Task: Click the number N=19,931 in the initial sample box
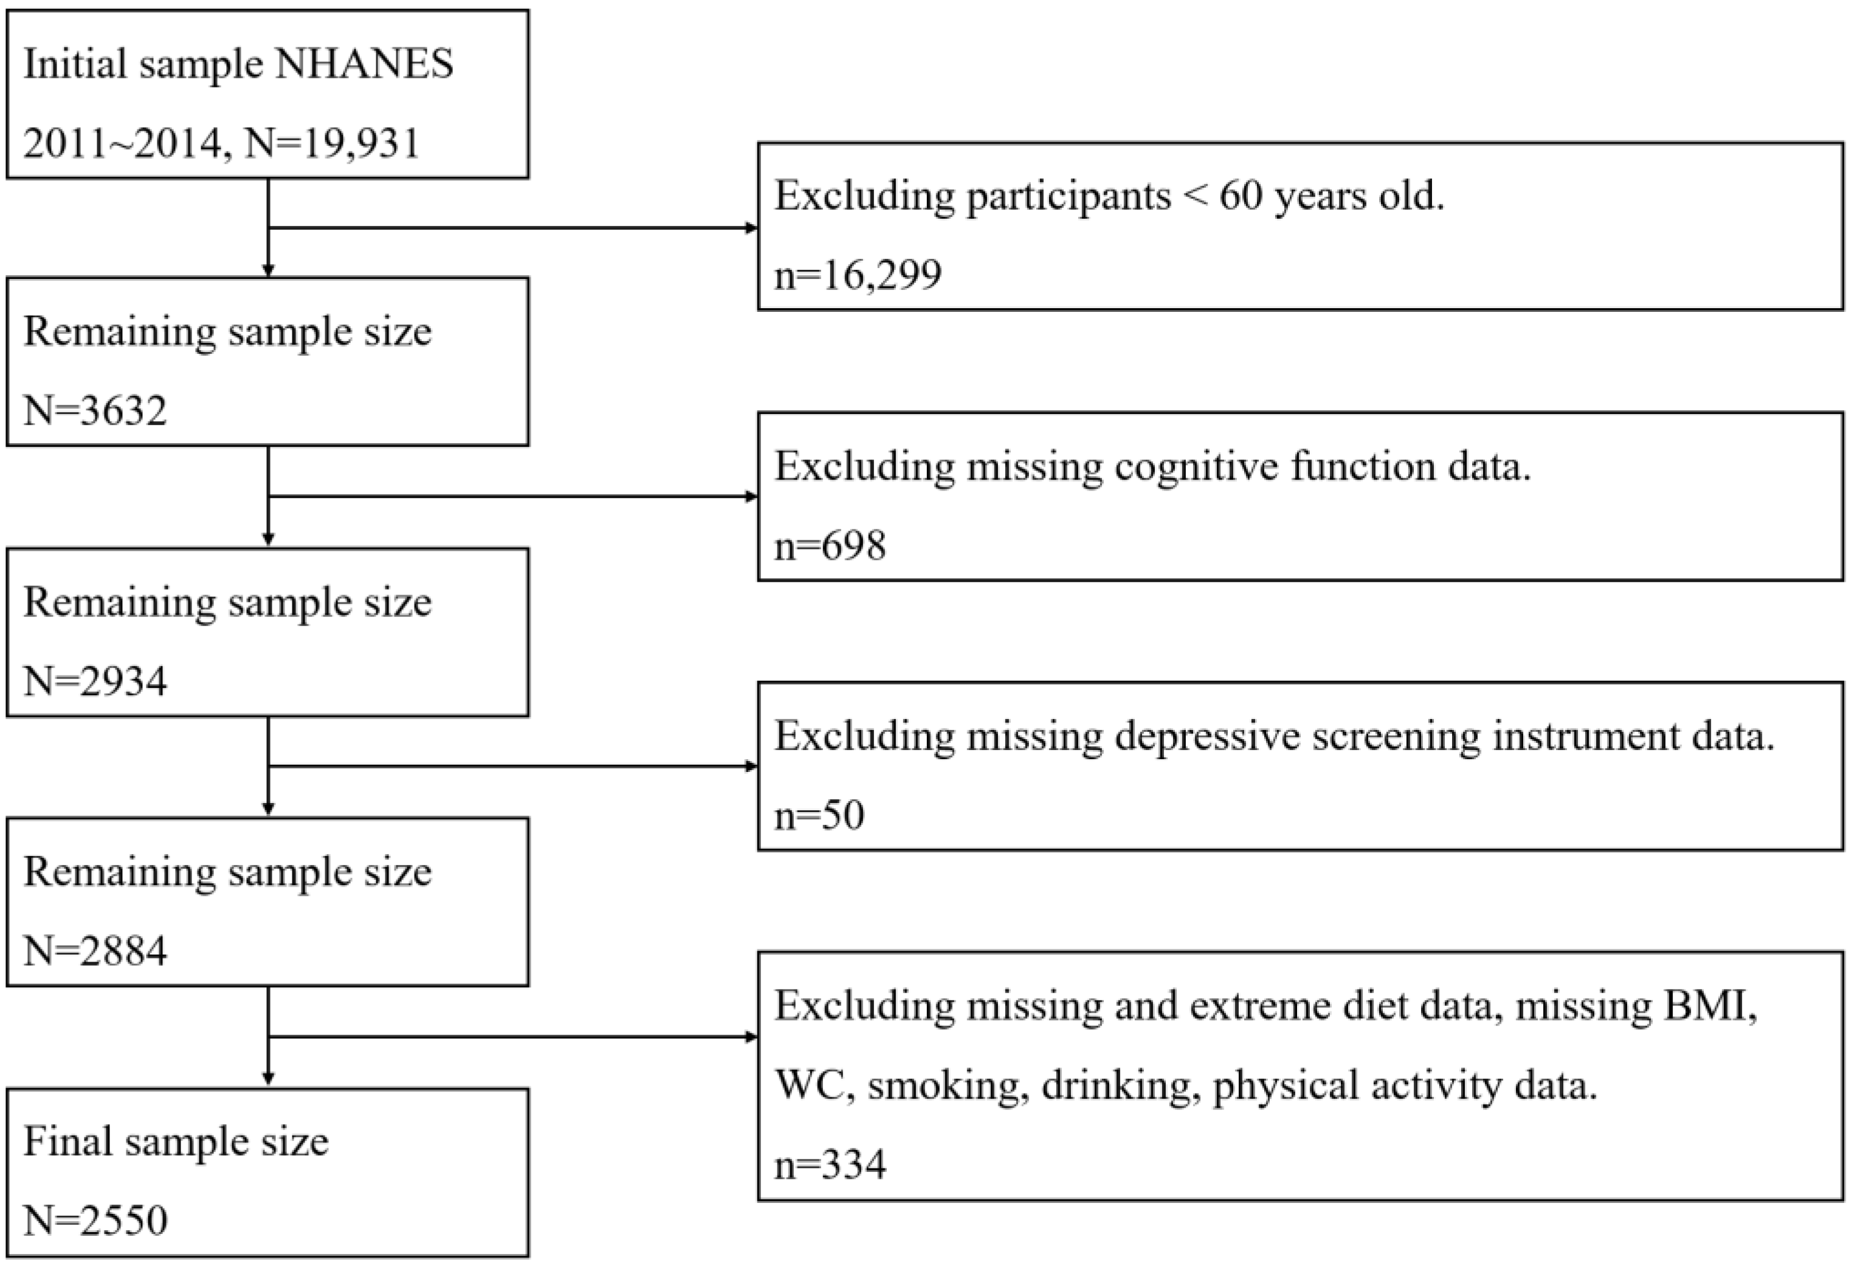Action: pos(331,144)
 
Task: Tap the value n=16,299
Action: pos(858,275)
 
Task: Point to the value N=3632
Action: pos(95,412)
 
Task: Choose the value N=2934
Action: pos(95,681)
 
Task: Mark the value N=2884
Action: pos(95,951)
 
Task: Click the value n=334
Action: pos(830,1165)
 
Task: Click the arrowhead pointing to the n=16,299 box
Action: pos(751,228)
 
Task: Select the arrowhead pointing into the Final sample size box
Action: pos(268,1079)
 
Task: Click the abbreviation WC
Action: pos(809,1086)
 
